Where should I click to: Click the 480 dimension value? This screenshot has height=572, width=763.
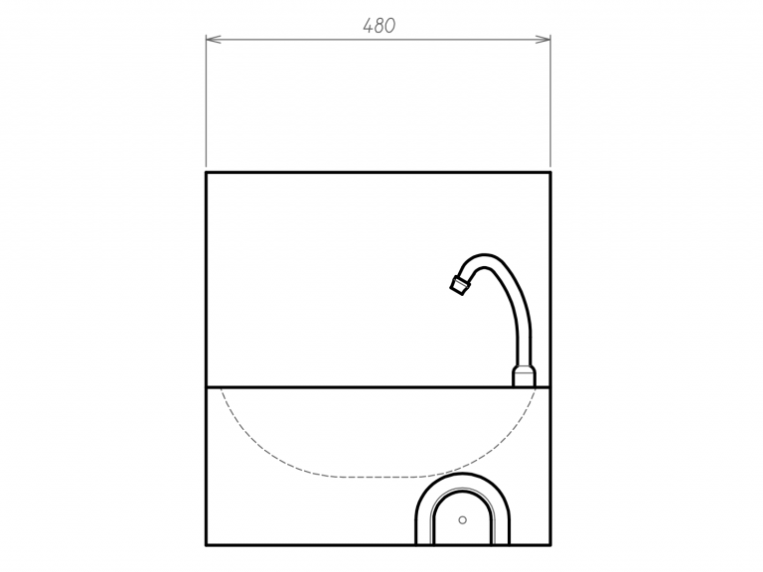click(x=380, y=26)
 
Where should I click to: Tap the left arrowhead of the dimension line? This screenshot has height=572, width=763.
click(x=214, y=40)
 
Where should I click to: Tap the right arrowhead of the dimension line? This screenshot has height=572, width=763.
click(x=543, y=40)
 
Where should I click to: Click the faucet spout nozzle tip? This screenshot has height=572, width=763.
click(x=459, y=285)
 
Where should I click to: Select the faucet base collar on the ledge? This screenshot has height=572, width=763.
click(x=525, y=377)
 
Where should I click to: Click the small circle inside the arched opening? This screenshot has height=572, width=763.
click(x=462, y=520)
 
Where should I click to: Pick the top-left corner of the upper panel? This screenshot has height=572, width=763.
click(x=207, y=172)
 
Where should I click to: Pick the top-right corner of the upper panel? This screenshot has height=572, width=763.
click(x=550, y=172)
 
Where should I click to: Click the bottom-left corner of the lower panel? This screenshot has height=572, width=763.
click(x=207, y=545)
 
